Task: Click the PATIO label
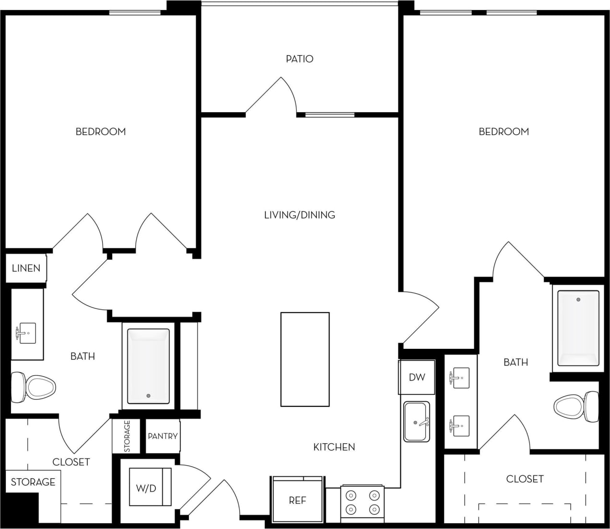pyautogui.click(x=299, y=59)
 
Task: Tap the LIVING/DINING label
pyautogui.click(x=299, y=215)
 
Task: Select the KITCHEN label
pyautogui.click(x=334, y=447)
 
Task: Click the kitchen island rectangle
pyautogui.click(x=305, y=359)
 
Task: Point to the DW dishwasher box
pyautogui.click(x=417, y=377)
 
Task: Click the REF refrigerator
pyautogui.click(x=297, y=501)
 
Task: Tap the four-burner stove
pyautogui.click(x=362, y=503)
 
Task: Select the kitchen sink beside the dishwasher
pyautogui.click(x=416, y=422)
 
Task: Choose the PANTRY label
pyautogui.click(x=163, y=436)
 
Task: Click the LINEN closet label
pyautogui.click(x=26, y=268)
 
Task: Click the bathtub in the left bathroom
pyautogui.click(x=148, y=366)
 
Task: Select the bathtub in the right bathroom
pyautogui.click(x=578, y=328)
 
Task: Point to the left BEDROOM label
pyautogui.click(x=101, y=131)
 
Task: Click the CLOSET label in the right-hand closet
pyautogui.click(x=525, y=479)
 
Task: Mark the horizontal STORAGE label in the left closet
pyautogui.click(x=33, y=482)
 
